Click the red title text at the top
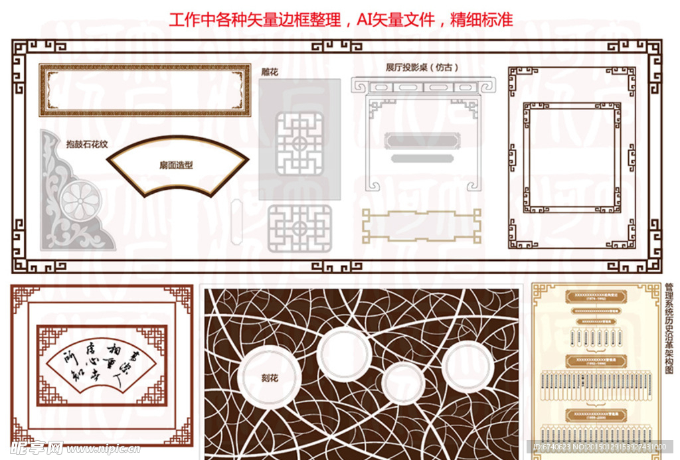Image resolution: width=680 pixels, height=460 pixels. click(x=340, y=19)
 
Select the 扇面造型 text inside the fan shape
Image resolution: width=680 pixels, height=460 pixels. click(x=176, y=165)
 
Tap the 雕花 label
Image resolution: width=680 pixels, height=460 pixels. click(x=270, y=71)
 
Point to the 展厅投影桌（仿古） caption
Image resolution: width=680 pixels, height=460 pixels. click(x=422, y=68)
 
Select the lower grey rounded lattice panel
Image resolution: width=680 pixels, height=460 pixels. click(x=299, y=228)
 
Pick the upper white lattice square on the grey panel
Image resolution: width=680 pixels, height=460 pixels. click(x=299, y=143)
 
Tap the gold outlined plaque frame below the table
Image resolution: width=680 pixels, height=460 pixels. click(x=421, y=225)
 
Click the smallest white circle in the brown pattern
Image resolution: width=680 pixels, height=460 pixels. click(x=403, y=383)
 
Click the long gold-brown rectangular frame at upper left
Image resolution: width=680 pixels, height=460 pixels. click(x=144, y=90)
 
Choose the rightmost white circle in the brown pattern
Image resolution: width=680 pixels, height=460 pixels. click(x=467, y=366)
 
